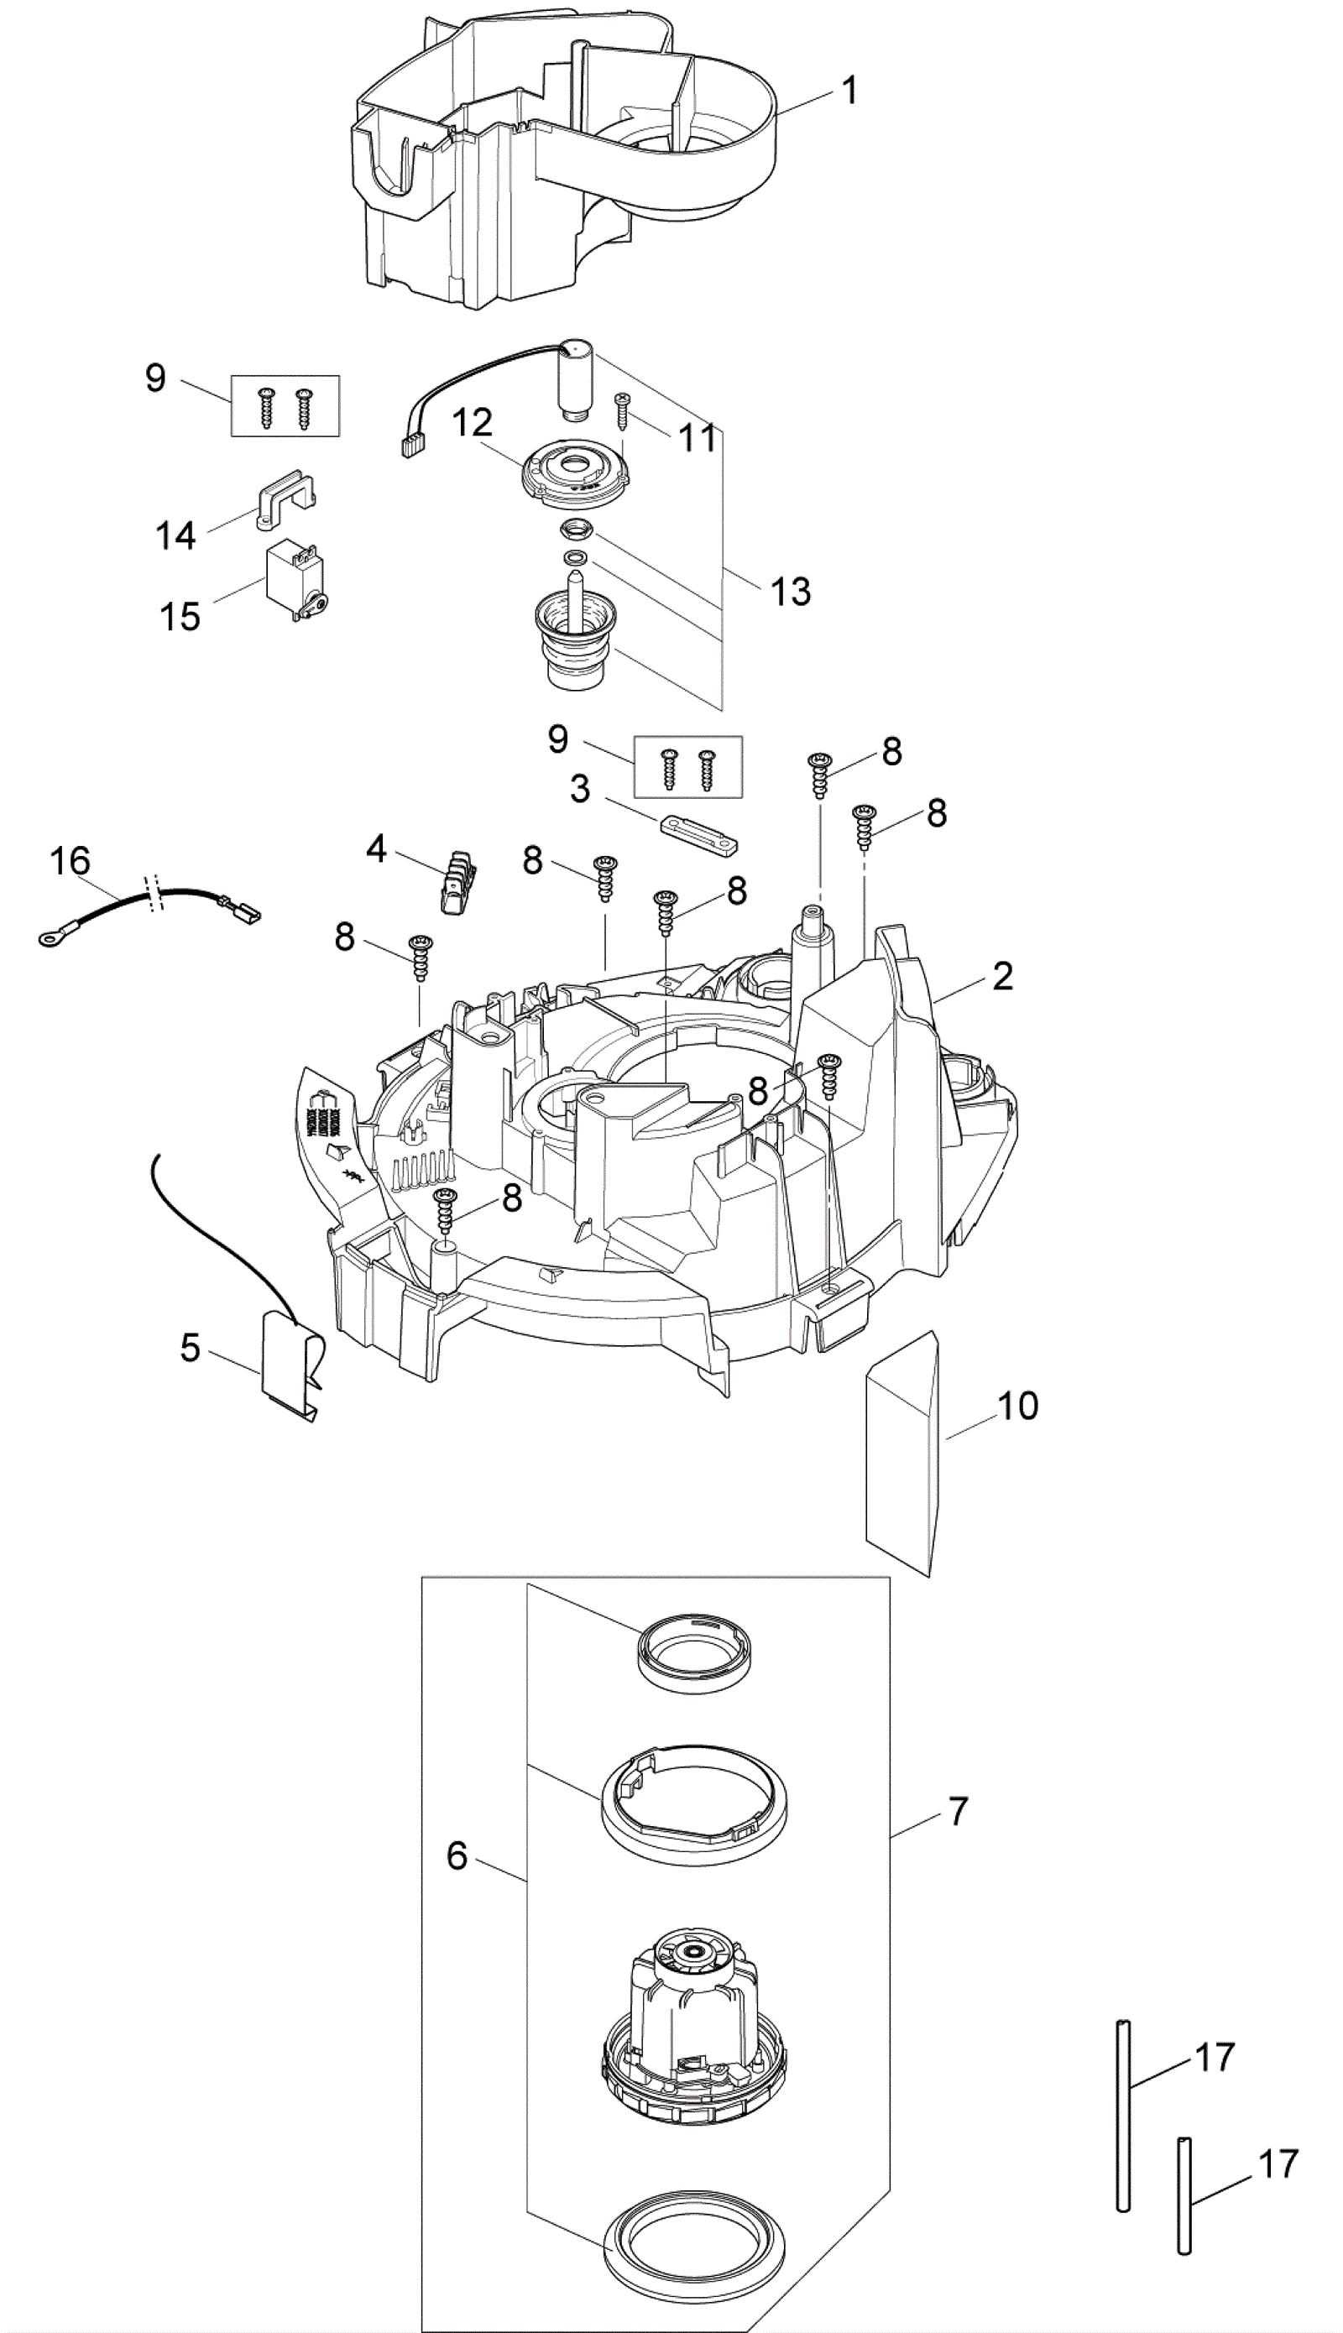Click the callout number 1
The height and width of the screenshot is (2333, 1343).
point(849,91)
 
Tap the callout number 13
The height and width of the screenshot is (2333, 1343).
point(791,591)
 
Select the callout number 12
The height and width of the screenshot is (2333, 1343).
point(472,423)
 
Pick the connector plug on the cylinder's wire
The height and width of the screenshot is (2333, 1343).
point(408,448)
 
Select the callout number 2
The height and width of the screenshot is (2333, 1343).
point(1003,977)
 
